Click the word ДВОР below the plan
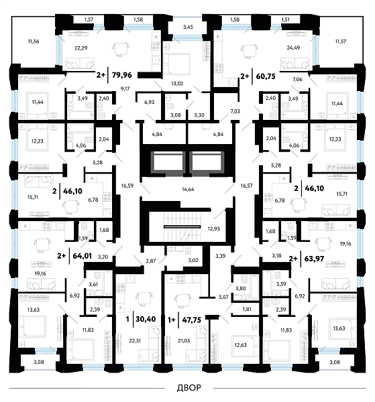coord(189,387)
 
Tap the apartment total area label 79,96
coord(122,75)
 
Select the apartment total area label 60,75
coord(266,76)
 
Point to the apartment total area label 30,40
coord(146,319)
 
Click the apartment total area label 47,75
coord(191,320)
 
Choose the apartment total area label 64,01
coord(82,256)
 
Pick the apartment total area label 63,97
coord(314,259)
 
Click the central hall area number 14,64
coord(188,190)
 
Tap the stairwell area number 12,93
coord(214,228)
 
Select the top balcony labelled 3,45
coord(188,27)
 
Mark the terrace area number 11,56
coord(34,41)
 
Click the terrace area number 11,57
coord(341,41)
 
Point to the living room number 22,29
coord(81,48)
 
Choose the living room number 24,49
coord(293,48)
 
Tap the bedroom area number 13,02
coord(177,83)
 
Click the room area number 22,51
coord(135,341)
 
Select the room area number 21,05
coord(184,341)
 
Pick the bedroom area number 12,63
coord(241,345)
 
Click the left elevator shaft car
coord(168,162)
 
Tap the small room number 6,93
coord(150,102)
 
